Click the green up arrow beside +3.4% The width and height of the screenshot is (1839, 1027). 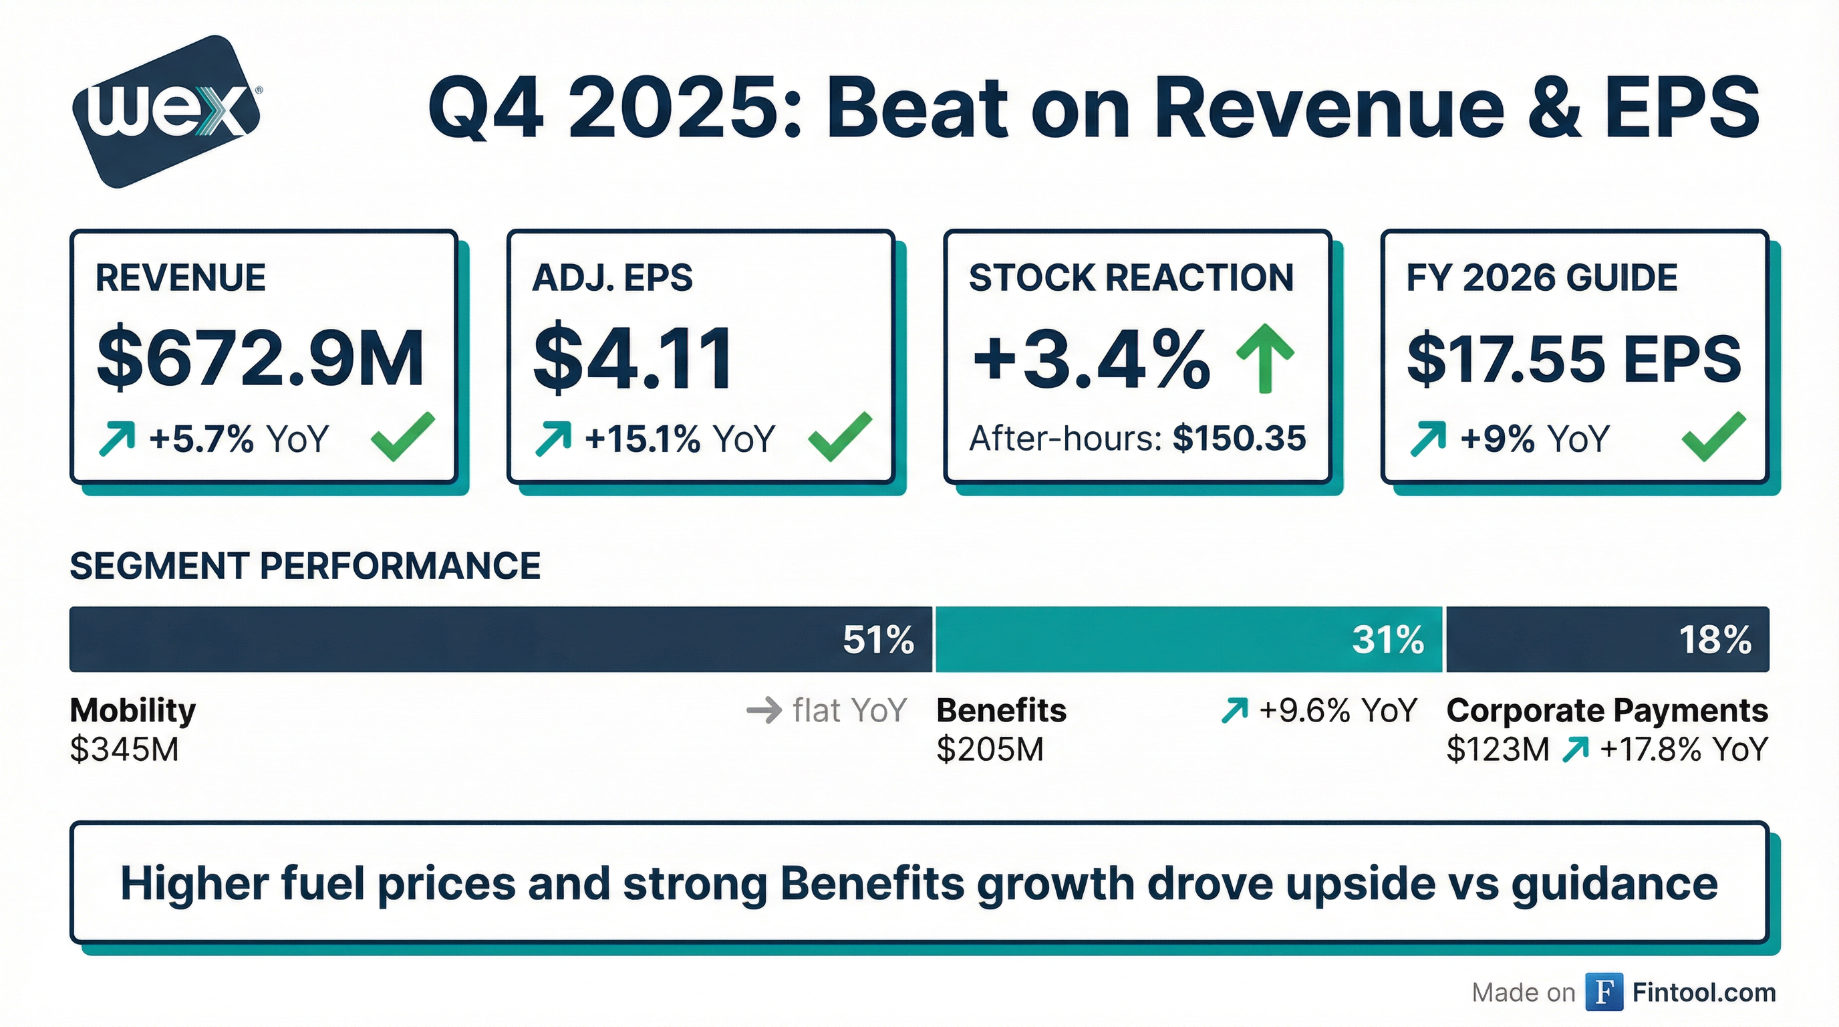[1265, 358]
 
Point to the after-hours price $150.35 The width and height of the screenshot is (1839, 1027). [1239, 439]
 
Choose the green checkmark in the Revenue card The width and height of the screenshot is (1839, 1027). [403, 437]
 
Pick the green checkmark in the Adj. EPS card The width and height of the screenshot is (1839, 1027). [839, 437]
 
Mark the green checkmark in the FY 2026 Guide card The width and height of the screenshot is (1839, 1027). [1713, 437]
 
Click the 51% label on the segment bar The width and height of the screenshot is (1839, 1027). [878, 640]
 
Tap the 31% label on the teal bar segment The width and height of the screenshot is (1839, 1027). [1388, 640]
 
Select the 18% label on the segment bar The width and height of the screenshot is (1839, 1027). [1715, 640]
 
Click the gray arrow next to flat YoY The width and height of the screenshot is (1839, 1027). [764, 711]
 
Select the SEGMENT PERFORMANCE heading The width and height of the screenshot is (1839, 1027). [305, 566]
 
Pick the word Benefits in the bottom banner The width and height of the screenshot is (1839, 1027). [872, 884]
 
